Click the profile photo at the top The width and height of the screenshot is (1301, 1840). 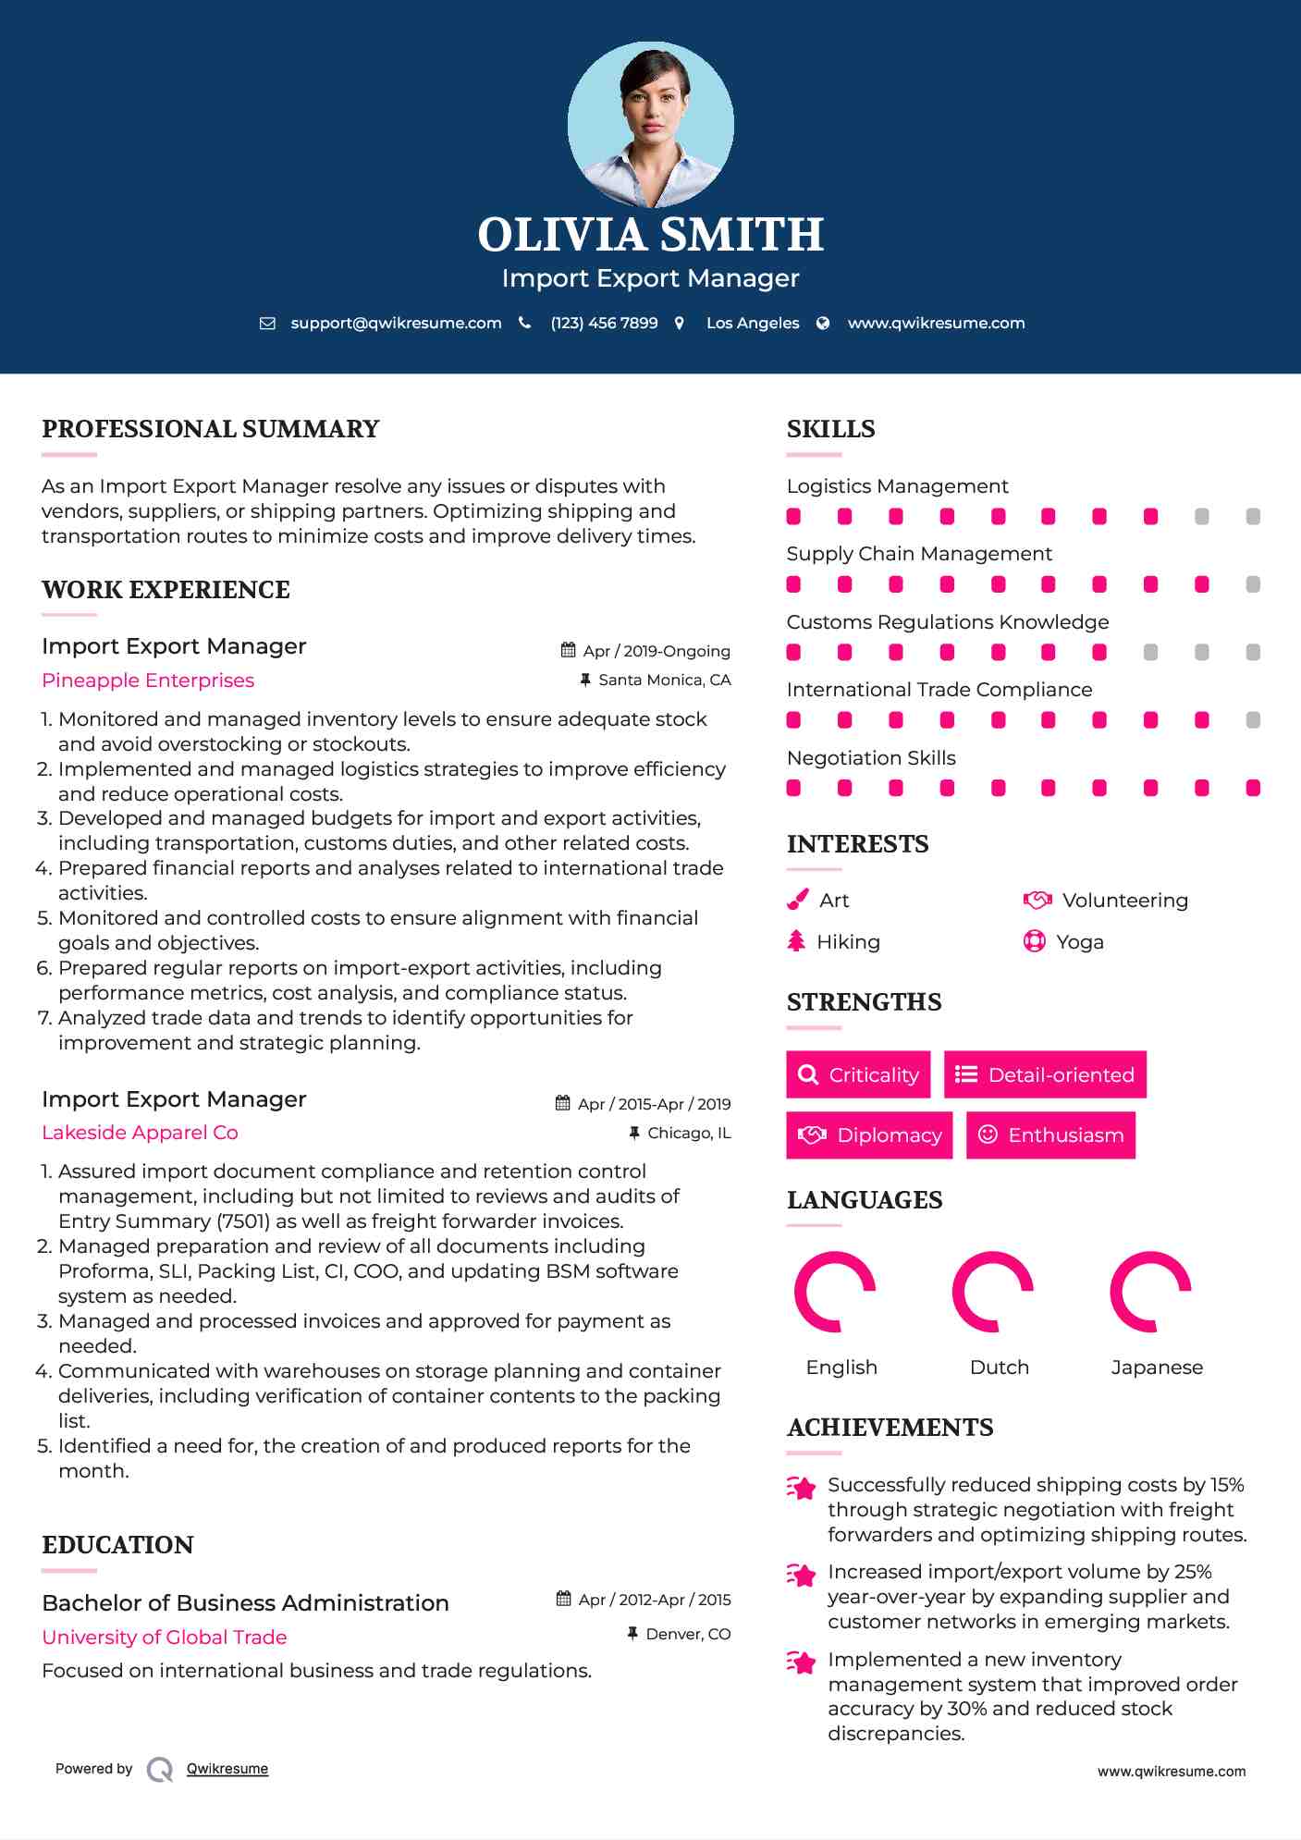[650, 124]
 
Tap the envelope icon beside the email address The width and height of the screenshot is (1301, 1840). [267, 323]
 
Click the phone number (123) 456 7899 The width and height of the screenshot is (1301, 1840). [604, 323]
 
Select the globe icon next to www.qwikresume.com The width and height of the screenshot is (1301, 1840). [823, 323]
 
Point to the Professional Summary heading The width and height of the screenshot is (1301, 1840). [211, 429]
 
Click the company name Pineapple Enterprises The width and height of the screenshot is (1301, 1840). [148, 681]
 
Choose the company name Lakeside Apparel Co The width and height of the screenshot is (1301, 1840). [140, 1133]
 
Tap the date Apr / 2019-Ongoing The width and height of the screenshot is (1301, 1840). [656, 651]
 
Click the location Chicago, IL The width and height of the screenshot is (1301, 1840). [689, 1133]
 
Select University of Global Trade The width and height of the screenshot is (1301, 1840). [165, 1637]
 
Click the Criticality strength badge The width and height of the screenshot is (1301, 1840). [858, 1074]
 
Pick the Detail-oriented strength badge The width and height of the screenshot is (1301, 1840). [1045, 1074]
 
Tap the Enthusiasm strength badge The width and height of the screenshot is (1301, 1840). [1050, 1135]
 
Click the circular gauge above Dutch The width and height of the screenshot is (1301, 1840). [993, 1292]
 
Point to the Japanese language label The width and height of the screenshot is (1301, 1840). [1157, 1368]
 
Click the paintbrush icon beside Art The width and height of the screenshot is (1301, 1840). [797, 900]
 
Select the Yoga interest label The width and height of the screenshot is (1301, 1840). [1080, 942]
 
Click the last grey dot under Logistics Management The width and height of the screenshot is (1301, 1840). [1253, 517]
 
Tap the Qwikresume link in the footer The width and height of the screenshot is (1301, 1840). [227, 1769]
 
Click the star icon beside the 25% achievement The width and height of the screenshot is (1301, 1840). [802, 1575]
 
